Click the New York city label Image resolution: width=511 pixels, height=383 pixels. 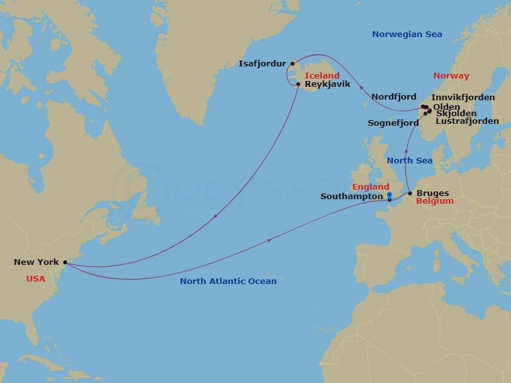pos(36,262)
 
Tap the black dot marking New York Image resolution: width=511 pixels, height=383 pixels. pos(65,262)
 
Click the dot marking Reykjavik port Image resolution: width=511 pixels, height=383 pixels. pos(298,84)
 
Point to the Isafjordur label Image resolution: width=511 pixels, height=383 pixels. pos(263,64)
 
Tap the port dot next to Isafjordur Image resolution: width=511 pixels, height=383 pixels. pos(293,63)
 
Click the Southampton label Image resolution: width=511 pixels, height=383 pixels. pos(352,197)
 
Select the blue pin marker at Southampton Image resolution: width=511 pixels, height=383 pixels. pos(389,196)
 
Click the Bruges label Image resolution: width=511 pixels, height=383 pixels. pos(432,193)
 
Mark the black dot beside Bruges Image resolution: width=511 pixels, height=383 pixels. pos(410,193)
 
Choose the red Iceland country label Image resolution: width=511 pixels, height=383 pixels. pos(322,75)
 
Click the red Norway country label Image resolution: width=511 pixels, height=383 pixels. pos(451,75)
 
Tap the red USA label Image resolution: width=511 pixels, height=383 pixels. pos(36,279)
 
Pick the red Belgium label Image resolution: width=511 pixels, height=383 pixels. pos(434,201)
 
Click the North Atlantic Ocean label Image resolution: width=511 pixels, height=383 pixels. pos(228,281)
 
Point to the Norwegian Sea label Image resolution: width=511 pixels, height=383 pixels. pos(407,34)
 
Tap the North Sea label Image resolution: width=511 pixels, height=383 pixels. pos(409,160)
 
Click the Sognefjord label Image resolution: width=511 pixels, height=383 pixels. pos(393,123)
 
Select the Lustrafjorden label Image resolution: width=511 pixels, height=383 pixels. pos(467,121)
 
